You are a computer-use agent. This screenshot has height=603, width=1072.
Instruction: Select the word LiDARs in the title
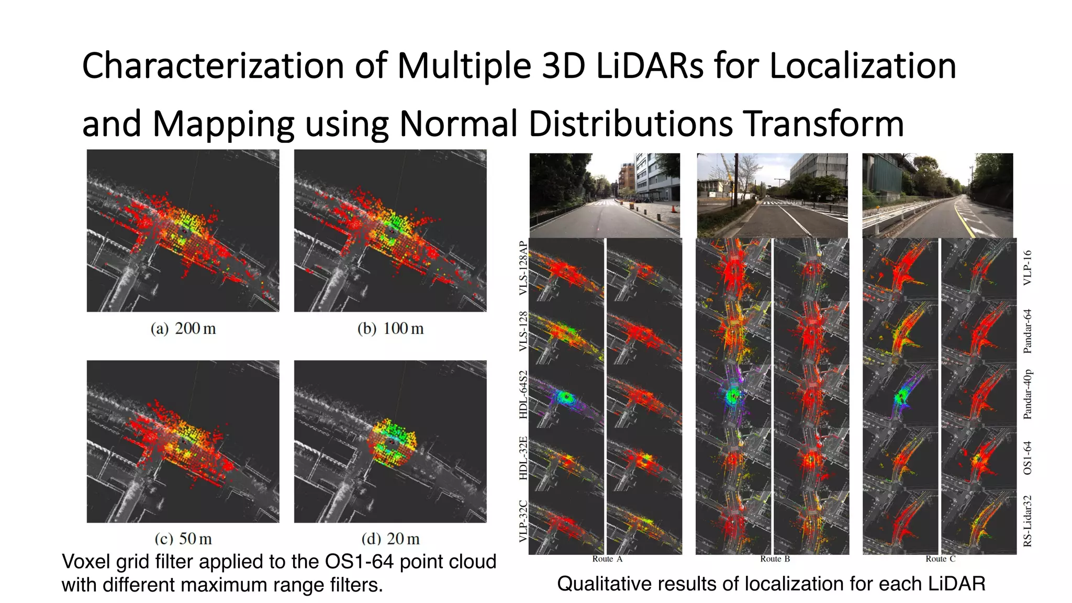point(650,66)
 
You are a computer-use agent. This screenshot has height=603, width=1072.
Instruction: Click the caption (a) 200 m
point(183,329)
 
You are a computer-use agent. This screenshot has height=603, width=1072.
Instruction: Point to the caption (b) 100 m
point(390,329)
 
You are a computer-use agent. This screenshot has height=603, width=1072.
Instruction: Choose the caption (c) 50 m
point(183,538)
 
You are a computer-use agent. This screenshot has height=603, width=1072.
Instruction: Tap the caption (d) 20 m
point(390,538)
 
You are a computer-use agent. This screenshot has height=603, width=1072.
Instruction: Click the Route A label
point(607,559)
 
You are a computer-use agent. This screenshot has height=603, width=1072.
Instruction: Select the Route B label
point(775,559)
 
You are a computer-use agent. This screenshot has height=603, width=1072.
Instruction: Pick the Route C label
point(940,559)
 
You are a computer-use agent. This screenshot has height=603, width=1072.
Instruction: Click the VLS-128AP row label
point(522,268)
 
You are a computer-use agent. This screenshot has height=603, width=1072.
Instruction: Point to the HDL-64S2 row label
point(522,395)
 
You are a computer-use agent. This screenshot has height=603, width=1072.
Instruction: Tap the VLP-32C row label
point(522,521)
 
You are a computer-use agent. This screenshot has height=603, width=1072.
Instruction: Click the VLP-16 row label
point(1028,267)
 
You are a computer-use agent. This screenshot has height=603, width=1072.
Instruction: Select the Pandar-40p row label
point(1028,394)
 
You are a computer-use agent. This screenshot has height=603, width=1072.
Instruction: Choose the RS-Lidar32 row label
point(1028,521)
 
